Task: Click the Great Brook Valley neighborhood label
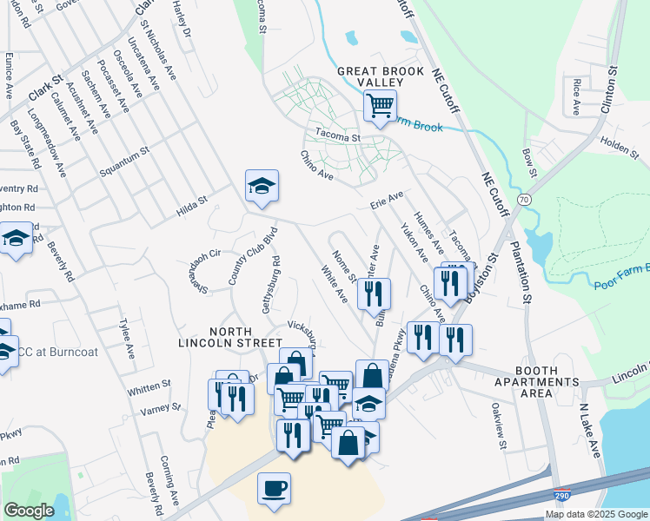tap(380, 76)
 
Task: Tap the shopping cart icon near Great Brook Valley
tap(380, 107)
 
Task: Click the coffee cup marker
tap(275, 488)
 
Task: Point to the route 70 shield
tap(523, 199)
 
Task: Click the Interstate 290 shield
tap(563, 496)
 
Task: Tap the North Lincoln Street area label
tap(231, 337)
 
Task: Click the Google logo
tap(28, 511)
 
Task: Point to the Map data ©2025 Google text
tap(596, 514)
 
